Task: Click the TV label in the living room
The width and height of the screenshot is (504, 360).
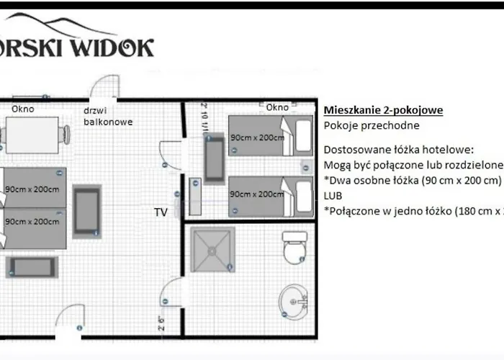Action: (x=161, y=212)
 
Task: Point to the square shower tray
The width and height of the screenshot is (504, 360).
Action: (x=213, y=251)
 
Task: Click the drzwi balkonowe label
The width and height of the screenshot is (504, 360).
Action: (x=108, y=116)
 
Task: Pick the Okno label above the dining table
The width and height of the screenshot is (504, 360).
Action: (x=22, y=109)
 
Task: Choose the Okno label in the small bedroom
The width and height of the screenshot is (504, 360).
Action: (x=277, y=107)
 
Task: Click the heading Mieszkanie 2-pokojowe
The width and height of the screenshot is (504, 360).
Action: (x=383, y=110)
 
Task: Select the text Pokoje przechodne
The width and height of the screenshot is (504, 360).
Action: (x=372, y=125)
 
